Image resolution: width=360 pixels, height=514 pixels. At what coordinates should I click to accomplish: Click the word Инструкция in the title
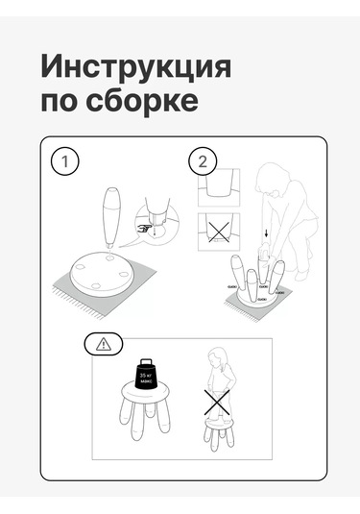[135, 68]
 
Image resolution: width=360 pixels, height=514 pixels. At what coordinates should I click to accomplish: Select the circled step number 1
[64, 160]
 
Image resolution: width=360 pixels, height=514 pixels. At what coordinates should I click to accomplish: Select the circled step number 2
[202, 160]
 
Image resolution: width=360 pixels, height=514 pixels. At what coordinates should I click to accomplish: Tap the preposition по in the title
[57, 100]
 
